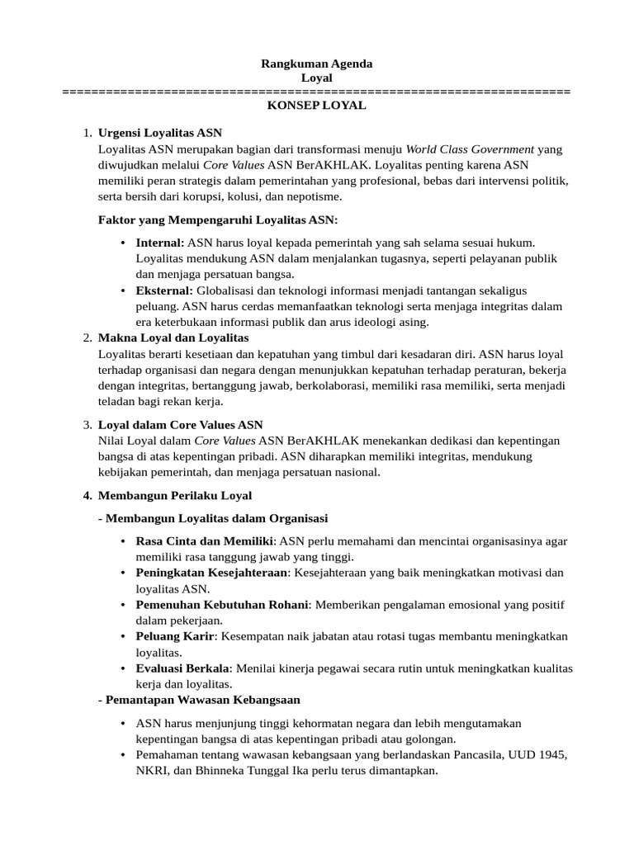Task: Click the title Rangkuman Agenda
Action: click(316, 64)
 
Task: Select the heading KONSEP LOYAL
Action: click(316, 106)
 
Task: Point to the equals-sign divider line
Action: click(316, 92)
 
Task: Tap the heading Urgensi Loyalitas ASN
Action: click(159, 132)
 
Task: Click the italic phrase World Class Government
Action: click(470, 149)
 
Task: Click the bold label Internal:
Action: click(160, 243)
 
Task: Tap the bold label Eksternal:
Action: click(164, 290)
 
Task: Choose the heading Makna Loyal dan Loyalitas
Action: click(173, 338)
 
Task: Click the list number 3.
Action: click(87, 425)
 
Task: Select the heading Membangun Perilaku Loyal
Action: click(174, 495)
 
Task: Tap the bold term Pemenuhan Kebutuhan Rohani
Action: click(222, 605)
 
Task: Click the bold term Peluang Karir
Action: click(175, 636)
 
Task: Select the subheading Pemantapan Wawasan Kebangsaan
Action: click(198, 700)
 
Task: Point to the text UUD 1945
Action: click(540, 756)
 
